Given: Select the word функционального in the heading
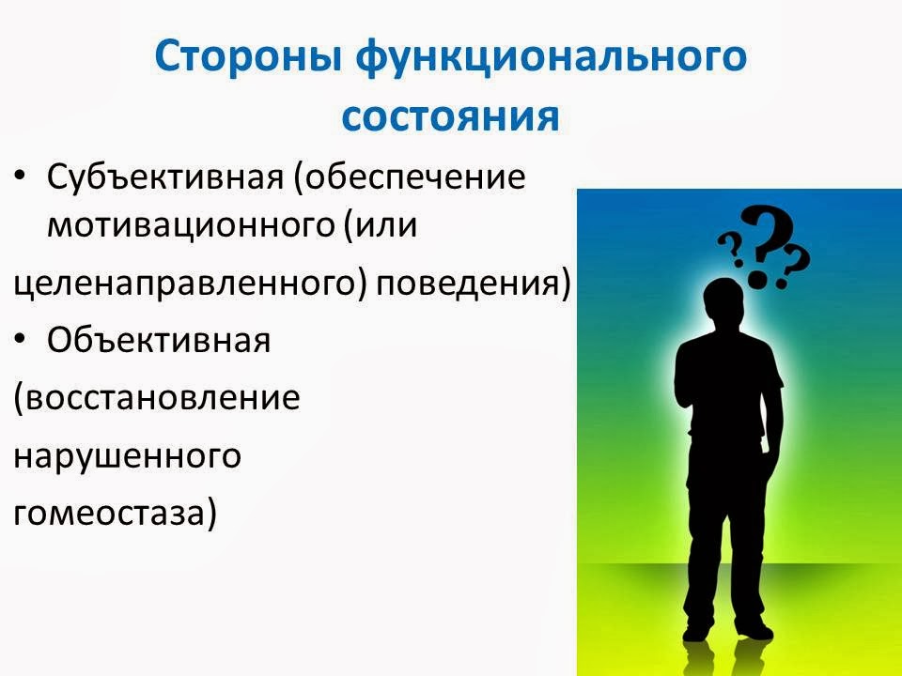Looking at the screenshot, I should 552,58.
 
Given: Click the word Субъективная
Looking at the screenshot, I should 165,177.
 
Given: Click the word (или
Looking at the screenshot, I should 380,226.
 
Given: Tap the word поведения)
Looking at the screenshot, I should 474,284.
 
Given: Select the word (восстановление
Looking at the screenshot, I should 156,398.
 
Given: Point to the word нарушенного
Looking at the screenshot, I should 127,455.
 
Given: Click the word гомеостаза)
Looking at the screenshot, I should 115,513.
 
